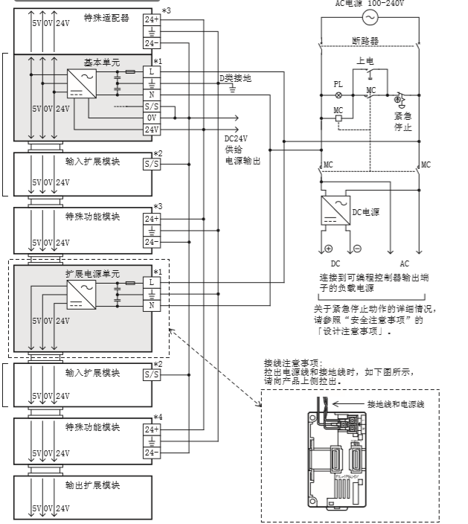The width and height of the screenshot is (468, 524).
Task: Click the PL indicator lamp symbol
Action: [339, 96]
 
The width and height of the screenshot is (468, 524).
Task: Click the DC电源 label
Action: [366, 212]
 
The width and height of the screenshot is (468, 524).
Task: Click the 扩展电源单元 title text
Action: [92, 273]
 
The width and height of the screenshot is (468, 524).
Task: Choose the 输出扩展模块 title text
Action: [92, 485]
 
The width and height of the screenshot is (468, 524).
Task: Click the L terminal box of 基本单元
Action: [152, 71]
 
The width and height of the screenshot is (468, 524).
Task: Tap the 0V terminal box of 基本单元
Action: [152, 118]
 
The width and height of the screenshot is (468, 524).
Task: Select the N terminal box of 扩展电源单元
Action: [152, 306]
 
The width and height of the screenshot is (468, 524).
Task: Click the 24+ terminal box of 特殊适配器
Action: [152, 19]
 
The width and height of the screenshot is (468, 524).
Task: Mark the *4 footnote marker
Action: [157, 417]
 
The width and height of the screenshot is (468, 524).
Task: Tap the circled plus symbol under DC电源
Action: [329, 248]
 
